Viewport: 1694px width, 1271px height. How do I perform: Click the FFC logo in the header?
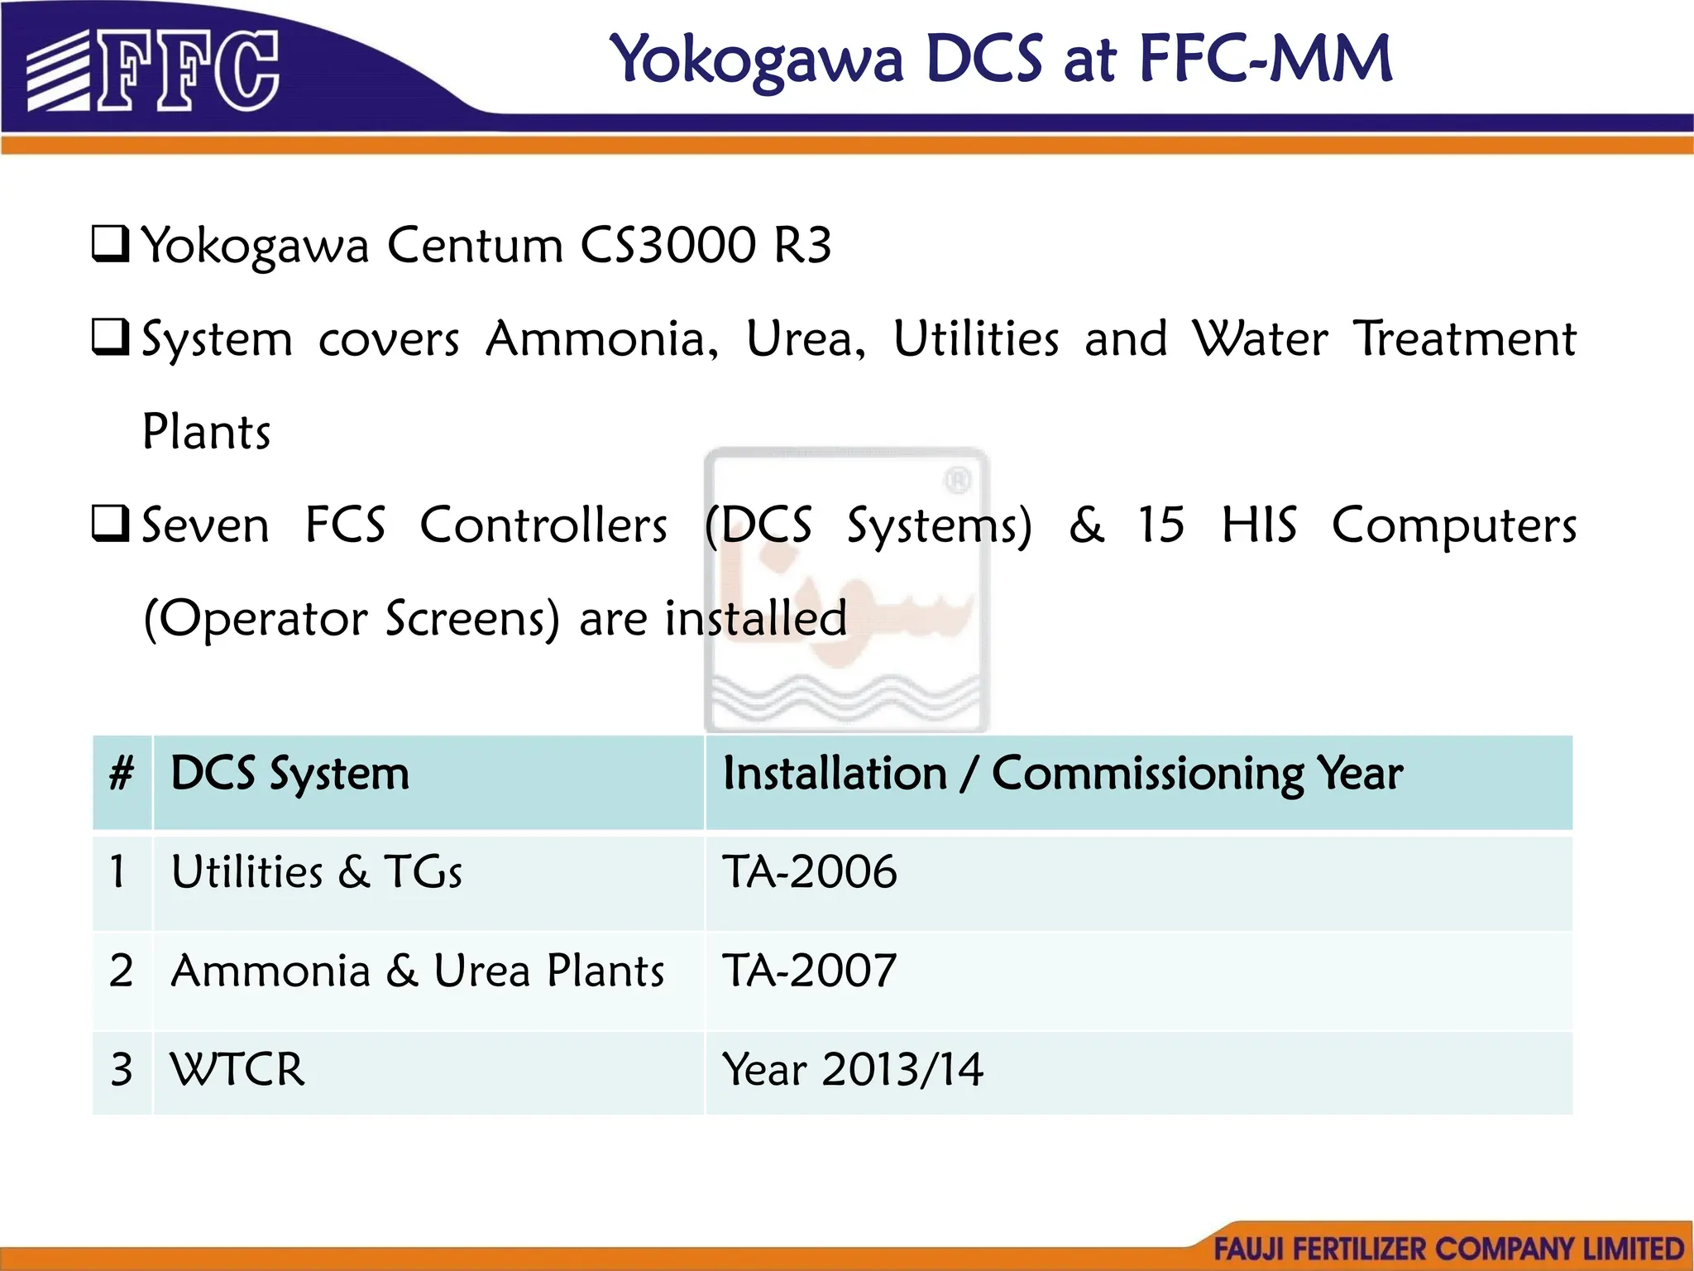pos(153,70)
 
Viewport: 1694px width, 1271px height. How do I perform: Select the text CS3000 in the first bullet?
pos(668,245)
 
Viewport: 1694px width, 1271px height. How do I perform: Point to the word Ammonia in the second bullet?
pos(601,339)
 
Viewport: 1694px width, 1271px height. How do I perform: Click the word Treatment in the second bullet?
pos(1465,339)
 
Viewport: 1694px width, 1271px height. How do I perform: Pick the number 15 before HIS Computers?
pos(1160,525)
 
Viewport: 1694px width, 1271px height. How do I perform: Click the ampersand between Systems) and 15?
pos(1086,525)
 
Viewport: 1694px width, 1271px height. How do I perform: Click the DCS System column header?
pos(290,775)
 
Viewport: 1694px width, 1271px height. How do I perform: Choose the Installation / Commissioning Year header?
pos(1062,775)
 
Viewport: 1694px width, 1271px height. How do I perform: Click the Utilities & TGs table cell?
pos(316,872)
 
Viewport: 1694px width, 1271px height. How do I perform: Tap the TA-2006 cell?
pos(809,872)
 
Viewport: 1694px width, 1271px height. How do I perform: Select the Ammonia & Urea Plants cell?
pos(417,971)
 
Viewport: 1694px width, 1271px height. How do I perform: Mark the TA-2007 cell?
pos(809,971)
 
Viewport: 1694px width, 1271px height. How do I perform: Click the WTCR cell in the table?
pos(237,1069)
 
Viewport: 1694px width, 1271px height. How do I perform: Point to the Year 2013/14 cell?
pos(852,1069)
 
